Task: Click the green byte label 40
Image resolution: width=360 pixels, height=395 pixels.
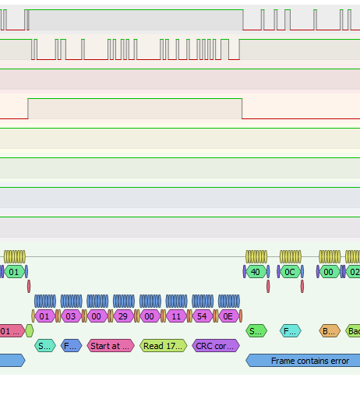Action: coord(256,272)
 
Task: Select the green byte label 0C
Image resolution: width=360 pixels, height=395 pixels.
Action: coord(290,272)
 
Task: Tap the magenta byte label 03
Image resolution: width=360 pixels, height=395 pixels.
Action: coord(71,316)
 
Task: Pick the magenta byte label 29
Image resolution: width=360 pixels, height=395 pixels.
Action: coord(123,316)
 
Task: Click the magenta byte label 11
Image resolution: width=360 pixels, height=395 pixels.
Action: coord(176,316)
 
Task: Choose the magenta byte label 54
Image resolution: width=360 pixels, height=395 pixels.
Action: coord(203,316)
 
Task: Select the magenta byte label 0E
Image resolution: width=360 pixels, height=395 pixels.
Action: coord(228,316)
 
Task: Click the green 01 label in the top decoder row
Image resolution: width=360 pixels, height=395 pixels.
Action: coord(13,272)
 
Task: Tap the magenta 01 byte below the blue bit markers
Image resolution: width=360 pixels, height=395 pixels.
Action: coord(44,316)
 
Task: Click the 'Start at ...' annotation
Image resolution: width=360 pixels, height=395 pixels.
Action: coord(111,345)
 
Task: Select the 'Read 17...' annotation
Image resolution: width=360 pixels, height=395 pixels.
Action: coord(164,345)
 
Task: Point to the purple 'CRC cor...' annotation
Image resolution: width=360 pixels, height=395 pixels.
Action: coord(215,345)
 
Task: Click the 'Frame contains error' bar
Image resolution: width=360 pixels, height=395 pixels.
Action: coord(304,361)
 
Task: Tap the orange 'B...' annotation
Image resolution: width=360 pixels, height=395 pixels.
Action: coord(330,331)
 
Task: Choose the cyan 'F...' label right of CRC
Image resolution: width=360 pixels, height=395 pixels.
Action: coord(289,331)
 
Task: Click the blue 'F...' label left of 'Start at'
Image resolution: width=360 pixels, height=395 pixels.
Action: coord(71,345)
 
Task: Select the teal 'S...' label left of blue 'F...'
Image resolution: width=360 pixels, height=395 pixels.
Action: coord(45,345)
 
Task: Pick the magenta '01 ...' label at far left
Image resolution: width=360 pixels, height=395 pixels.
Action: coord(11,331)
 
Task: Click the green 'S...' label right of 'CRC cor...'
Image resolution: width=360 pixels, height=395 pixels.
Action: coord(255,331)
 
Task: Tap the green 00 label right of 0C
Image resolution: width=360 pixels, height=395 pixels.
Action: coord(330,272)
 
